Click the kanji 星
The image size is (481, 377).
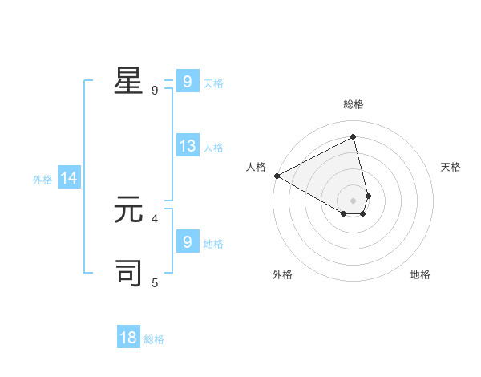pyautogui.click(x=128, y=81)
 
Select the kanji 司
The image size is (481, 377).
pyautogui.click(x=128, y=273)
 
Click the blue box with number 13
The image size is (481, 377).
pyautogui.click(x=188, y=146)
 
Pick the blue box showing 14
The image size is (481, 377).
pyautogui.click(x=69, y=178)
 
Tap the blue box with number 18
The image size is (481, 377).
pyautogui.click(x=128, y=338)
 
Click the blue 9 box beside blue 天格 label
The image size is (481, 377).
pyautogui.click(x=187, y=81)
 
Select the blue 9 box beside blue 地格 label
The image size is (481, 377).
pyautogui.click(x=187, y=241)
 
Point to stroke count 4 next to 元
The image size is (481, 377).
pyautogui.click(x=155, y=217)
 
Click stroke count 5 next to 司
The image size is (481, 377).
pyautogui.click(x=155, y=282)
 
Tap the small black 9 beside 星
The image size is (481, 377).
pyautogui.click(x=155, y=90)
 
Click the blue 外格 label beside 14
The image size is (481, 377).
pyautogui.click(x=42, y=180)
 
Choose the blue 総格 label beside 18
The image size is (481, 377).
pyautogui.click(x=154, y=339)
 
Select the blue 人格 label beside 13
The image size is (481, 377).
pyautogui.click(x=213, y=148)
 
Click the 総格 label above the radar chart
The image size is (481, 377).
pyautogui.click(x=354, y=104)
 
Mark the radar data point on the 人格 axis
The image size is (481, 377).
pyautogui.click(x=277, y=175)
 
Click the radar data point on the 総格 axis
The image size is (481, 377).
pyautogui.click(x=354, y=136)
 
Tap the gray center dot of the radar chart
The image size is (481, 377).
pyautogui.click(x=354, y=200)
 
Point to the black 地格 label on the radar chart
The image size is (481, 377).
pyautogui.click(x=420, y=274)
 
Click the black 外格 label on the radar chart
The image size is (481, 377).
pyautogui.click(x=282, y=274)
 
